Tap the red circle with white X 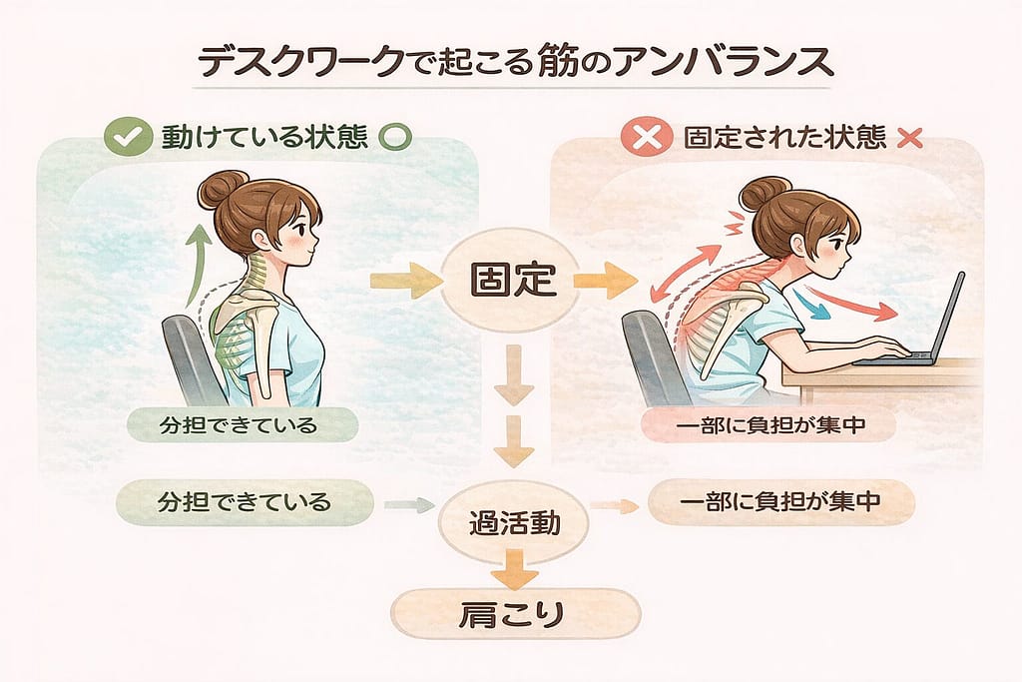[646, 137]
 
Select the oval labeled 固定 [512, 280]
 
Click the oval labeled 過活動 [514, 523]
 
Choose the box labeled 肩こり [516, 614]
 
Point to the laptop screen [950, 317]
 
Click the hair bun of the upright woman [222, 188]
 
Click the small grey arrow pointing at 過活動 [409, 504]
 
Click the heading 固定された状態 [784, 138]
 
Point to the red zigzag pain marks [736, 223]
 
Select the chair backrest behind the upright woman [188, 357]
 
